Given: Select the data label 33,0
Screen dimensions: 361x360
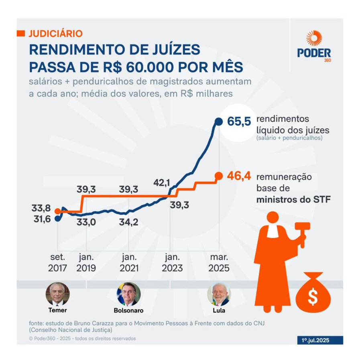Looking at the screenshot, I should coord(86,221).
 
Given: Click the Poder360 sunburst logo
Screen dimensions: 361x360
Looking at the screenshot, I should coord(314,39).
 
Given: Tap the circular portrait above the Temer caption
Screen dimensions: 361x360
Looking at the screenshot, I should coord(57,294).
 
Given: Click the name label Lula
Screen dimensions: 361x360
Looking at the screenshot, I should coord(219,310).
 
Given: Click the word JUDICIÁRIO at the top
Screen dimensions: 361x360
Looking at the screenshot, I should coord(56,33).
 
